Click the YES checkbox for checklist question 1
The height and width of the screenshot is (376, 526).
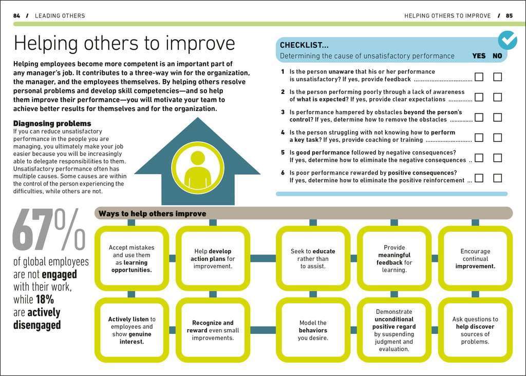tap(479, 77)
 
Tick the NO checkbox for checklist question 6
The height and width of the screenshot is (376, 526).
tap(497, 178)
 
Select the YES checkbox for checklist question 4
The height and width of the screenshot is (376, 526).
tap(479, 138)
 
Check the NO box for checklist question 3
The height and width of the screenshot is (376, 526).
tap(497, 118)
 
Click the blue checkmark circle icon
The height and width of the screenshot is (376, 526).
tap(508, 40)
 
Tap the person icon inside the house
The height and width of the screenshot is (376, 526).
tap(197, 169)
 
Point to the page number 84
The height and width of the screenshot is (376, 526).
tap(16, 16)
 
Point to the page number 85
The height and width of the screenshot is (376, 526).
tap(509, 16)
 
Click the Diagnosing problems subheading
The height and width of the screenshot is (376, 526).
tap(52, 123)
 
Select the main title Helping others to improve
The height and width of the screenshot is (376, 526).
tap(124, 43)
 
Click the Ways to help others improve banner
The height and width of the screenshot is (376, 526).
tap(303, 213)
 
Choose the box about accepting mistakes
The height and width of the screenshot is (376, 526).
tap(131, 258)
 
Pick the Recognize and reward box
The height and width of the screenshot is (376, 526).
tap(213, 330)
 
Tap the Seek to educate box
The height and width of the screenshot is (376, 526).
tap(313, 258)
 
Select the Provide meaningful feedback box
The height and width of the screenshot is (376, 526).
tap(394, 258)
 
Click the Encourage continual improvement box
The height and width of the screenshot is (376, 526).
tap(475, 258)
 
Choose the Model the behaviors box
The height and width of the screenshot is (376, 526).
tap(313, 330)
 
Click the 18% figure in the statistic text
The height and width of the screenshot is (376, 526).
tap(45, 299)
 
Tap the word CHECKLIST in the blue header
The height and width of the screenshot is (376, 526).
tap(304, 45)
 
